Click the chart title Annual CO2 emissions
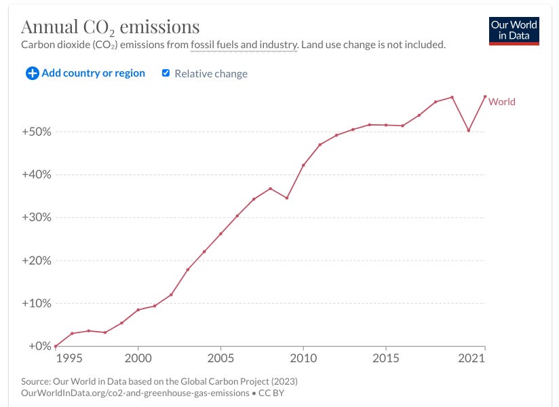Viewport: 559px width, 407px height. tap(110, 27)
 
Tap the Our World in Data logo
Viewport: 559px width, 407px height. tap(514, 30)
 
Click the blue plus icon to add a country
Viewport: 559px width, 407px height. tap(32, 73)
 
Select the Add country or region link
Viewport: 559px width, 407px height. tap(93, 73)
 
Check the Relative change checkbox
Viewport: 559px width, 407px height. tap(166, 73)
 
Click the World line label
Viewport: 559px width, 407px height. tap(502, 102)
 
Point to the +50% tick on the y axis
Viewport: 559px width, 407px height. tap(36, 132)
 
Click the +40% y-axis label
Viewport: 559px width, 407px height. tap(36, 174)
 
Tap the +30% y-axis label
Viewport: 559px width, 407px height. tap(36, 218)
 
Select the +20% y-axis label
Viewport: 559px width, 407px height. tap(36, 260)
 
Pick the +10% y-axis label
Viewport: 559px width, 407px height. tap(36, 303)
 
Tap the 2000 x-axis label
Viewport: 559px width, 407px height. tap(138, 357)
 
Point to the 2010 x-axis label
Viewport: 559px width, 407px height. tap(303, 357)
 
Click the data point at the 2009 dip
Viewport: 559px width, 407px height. tap(287, 198)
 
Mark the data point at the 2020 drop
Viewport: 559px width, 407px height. tap(469, 130)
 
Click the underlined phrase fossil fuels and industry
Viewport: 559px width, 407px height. tap(244, 45)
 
